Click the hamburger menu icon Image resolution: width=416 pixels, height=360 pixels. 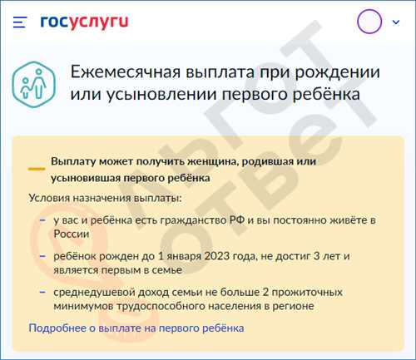click(20, 22)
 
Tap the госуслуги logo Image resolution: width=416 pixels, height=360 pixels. click(84, 22)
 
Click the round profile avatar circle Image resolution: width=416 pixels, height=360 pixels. click(369, 22)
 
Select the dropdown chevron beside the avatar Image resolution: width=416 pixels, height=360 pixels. click(396, 22)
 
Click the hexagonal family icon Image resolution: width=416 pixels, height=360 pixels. click(34, 84)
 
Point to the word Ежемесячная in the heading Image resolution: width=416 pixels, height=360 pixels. click(126, 72)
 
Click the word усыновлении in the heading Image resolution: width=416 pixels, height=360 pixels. click(162, 94)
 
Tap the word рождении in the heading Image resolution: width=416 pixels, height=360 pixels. click(337, 72)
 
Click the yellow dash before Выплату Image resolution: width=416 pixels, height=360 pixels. click(37, 169)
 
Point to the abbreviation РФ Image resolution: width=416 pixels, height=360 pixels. click(237, 220)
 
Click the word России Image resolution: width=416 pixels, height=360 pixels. click(72, 234)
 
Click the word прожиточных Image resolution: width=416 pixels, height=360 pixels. click(307, 293)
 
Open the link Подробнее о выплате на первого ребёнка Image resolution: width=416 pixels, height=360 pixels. click(136, 328)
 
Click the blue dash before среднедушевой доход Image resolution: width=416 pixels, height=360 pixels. click(42, 292)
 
